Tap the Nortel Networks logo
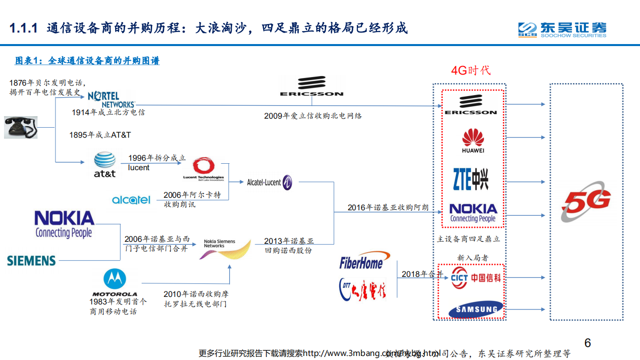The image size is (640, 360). (x=111, y=99)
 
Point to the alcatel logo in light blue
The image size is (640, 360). (x=131, y=200)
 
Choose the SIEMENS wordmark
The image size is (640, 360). (x=32, y=260)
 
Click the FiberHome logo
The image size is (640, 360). (x=361, y=261)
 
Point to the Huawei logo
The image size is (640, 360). (x=473, y=141)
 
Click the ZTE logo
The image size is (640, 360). (x=470, y=179)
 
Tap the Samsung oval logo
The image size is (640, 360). (x=476, y=309)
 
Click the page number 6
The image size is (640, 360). (x=587, y=343)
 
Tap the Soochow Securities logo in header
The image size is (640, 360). (x=562, y=29)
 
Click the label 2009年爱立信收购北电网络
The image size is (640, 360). (x=313, y=116)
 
